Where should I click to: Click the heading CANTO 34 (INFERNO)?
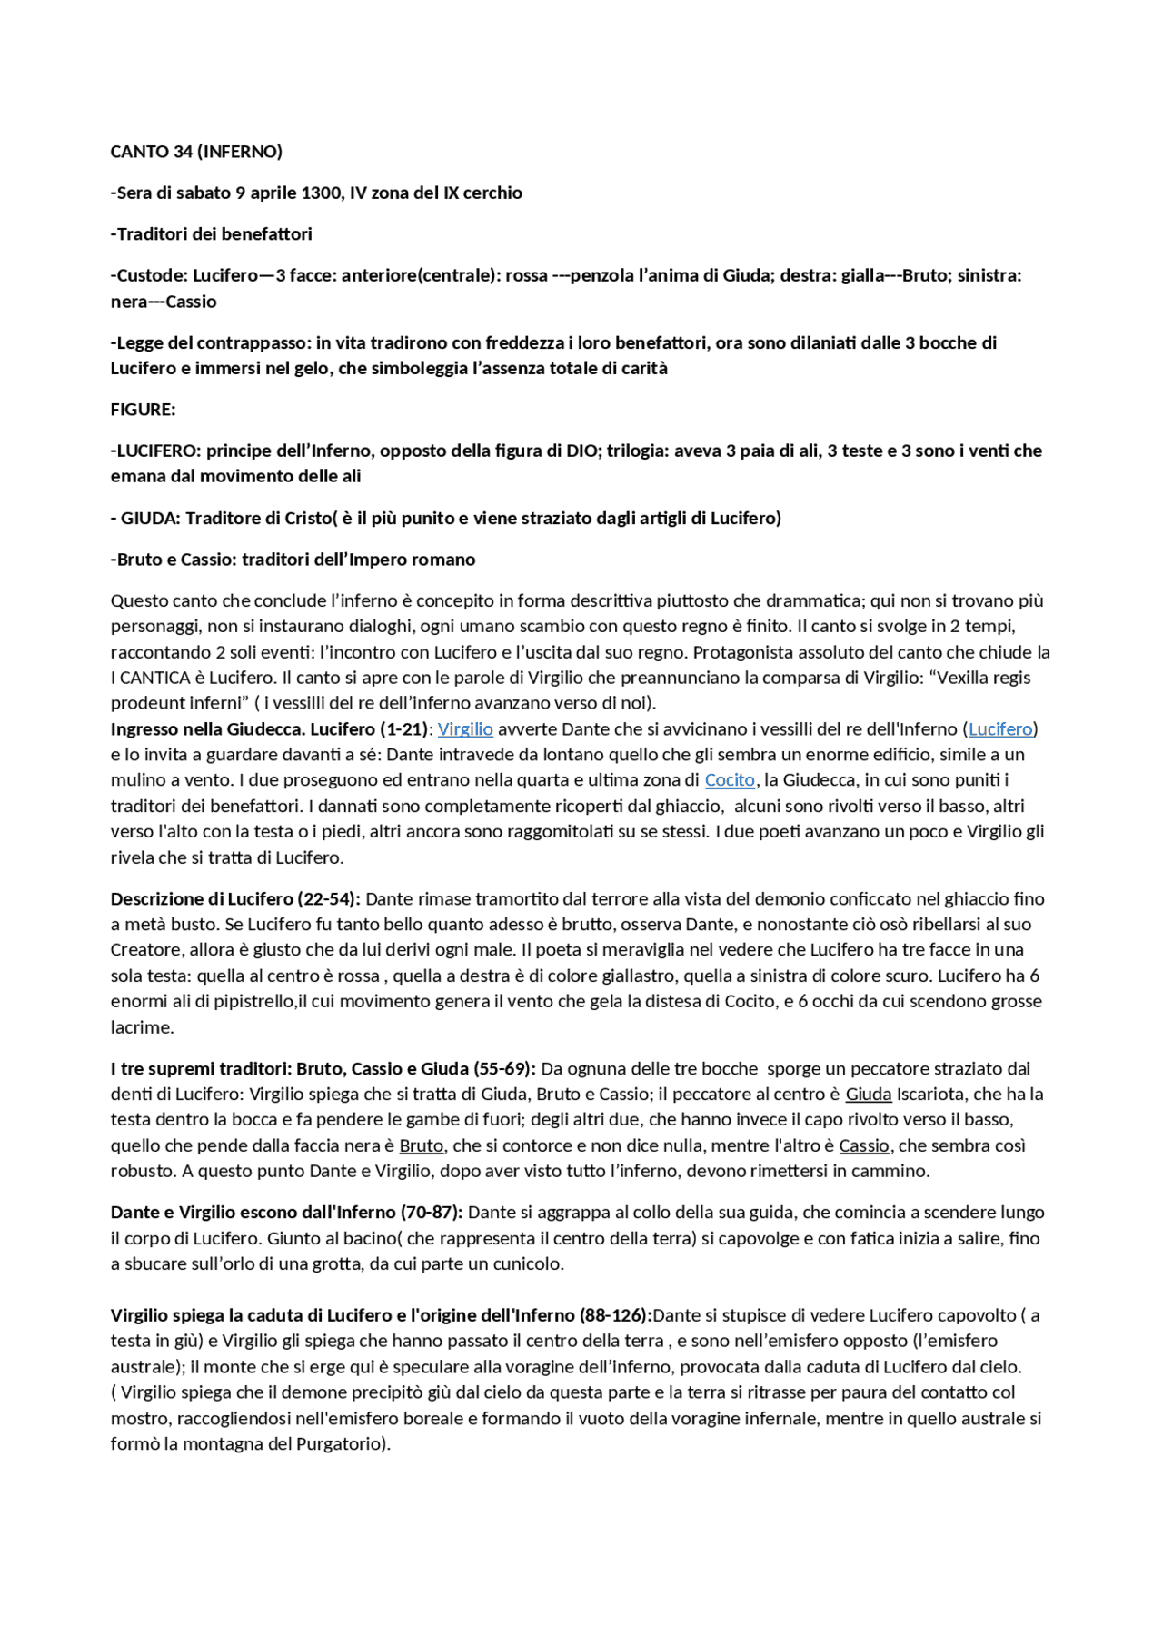coord(196,152)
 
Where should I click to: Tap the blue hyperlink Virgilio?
coord(465,729)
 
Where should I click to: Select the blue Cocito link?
coord(730,780)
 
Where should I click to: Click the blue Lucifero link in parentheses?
coord(1000,729)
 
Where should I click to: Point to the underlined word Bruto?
coord(422,1146)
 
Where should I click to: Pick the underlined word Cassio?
coord(863,1146)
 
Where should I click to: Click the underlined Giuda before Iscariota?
coord(869,1095)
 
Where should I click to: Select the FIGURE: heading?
coord(144,410)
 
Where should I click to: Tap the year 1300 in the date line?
coord(320,193)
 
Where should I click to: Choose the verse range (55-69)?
coord(504,1069)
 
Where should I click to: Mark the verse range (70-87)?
coord(432,1213)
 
